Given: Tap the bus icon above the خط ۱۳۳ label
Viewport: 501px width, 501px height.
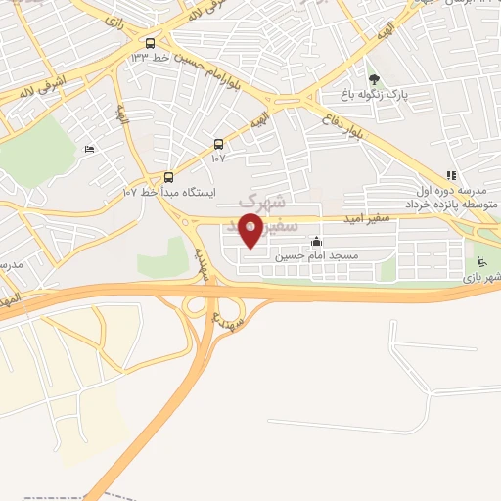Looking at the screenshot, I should [150, 43].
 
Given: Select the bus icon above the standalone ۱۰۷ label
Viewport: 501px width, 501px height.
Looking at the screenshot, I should [217, 143].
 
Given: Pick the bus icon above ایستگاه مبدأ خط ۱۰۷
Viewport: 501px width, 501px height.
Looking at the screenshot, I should [169, 176].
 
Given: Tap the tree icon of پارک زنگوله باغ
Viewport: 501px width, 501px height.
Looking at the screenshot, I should [372, 79].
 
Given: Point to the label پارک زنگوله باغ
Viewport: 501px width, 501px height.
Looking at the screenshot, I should [371, 95].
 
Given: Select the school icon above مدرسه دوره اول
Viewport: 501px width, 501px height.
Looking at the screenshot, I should [451, 175].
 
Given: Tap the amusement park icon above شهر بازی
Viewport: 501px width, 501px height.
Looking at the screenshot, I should [480, 262].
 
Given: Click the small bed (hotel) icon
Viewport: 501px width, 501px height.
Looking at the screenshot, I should [90, 149].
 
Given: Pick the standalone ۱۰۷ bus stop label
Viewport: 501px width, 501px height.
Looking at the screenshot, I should [217, 157].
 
